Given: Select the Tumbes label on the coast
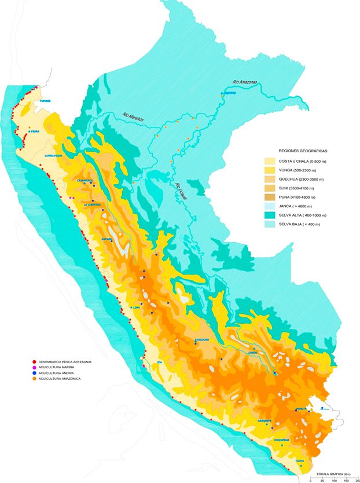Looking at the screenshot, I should tap(45, 101).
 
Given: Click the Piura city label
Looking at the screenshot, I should tap(38, 131).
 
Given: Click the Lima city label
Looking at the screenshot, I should tap(137, 308).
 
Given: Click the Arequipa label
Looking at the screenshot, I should tap(265, 421).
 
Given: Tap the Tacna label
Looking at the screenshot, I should tap(300, 460).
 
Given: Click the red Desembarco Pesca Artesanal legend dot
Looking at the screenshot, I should tap(35, 362).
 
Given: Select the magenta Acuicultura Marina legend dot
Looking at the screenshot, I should tap(35, 368).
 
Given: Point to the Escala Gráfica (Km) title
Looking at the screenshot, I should tap(334, 474).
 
